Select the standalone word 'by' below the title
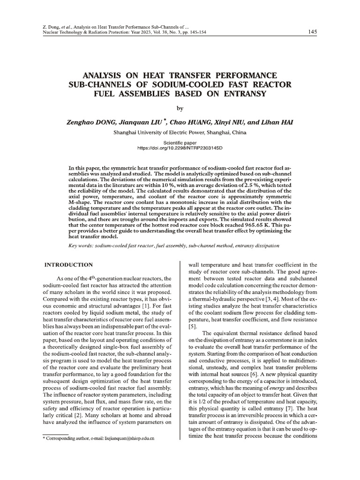pyautogui.click(x=180, y=109)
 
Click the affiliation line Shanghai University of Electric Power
pyautogui.click(x=180, y=132)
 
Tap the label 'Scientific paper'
pyautogui.click(x=180, y=142)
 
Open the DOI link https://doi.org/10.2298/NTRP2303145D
pyautogui.click(x=180, y=148)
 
